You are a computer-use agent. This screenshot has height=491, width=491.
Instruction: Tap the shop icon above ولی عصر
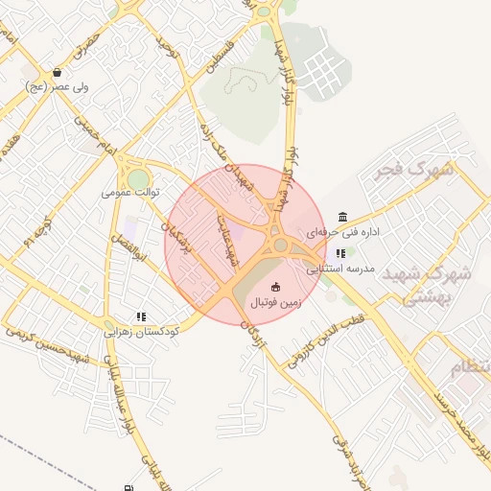(x=58, y=72)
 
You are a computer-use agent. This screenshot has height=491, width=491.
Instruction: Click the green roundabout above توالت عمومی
(x=139, y=179)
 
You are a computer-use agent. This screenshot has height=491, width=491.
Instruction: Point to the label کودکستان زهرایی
(x=142, y=331)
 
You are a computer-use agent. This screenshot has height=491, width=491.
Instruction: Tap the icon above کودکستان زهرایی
(x=141, y=316)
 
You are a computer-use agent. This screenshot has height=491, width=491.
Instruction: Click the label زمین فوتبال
(x=276, y=302)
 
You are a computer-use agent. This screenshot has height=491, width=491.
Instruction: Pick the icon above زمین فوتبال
(x=276, y=287)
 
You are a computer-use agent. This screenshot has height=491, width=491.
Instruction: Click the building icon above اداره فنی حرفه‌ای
(x=342, y=218)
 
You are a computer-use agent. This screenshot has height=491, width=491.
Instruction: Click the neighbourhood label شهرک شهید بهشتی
(x=435, y=286)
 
